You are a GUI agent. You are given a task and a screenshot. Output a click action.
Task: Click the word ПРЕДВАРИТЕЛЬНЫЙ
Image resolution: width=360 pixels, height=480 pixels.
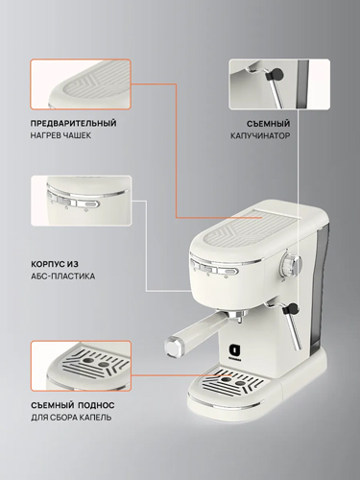(x=74, y=123)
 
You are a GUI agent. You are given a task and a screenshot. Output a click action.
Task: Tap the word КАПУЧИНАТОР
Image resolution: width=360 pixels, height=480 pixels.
(x=260, y=135)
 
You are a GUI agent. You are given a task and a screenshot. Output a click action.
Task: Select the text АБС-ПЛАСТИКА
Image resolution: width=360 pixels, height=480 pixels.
(x=63, y=276)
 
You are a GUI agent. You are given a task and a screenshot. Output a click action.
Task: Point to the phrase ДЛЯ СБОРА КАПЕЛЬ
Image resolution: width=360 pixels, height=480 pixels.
(x=71, y=418)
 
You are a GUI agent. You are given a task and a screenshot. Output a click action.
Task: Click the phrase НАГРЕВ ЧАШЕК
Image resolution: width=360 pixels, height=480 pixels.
(x=60, y=135)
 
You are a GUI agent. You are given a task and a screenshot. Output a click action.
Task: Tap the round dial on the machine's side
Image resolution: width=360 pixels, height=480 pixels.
(x=290, y=264)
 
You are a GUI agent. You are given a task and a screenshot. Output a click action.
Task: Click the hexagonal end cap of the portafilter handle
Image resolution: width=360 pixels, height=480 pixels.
(x=174, y=346)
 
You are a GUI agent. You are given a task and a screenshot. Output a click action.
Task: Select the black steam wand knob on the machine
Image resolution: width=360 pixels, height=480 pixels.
(x=292, y=309)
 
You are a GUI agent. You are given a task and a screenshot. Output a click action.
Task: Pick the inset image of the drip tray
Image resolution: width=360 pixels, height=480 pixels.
(x=81, y=366)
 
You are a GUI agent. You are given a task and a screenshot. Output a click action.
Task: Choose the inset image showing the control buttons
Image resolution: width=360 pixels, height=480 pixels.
(x=81, y=201)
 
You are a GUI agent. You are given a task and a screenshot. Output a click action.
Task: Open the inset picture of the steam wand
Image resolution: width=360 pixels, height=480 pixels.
(x=279, y=84)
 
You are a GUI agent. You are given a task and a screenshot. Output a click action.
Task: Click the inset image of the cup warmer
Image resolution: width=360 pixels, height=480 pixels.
(x=81, y=84)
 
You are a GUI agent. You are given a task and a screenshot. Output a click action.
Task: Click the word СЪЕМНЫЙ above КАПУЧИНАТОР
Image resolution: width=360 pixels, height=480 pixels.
(x=268, y=124)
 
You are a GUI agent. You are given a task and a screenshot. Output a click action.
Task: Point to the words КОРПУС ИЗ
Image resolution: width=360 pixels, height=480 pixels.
(x=55, y=264)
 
